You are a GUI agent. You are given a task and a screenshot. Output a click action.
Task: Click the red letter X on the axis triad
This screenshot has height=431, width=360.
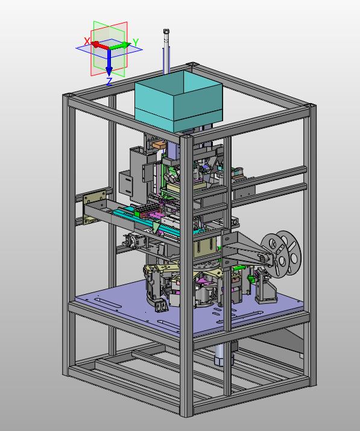[87, 41]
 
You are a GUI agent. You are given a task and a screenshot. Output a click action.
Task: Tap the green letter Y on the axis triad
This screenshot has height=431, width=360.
[136, 42]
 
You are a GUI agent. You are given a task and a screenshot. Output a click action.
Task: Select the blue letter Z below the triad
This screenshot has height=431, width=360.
[109, 81]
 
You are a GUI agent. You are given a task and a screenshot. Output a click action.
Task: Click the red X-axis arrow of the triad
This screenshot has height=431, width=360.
[99, 45]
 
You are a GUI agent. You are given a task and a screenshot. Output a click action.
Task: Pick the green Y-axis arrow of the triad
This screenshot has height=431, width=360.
[119, 46]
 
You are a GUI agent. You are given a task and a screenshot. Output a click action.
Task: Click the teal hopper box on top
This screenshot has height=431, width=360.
[178, 101]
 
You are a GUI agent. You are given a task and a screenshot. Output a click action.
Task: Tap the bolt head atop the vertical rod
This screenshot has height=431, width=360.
[166, 31]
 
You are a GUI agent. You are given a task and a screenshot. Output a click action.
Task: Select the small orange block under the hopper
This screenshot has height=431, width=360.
[159, 145]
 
